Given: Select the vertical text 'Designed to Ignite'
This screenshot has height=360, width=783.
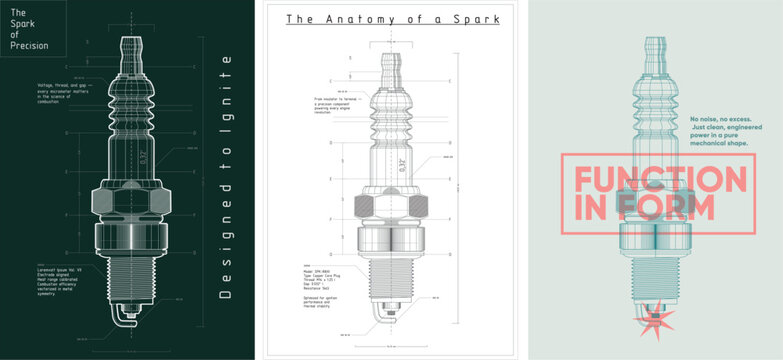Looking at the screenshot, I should tap(225, 185).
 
